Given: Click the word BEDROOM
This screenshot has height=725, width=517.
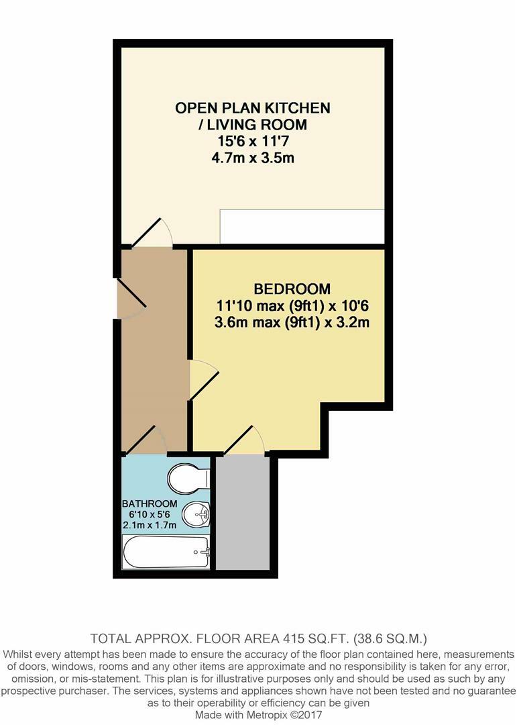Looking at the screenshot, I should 292,289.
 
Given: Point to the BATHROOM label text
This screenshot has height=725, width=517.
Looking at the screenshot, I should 150,503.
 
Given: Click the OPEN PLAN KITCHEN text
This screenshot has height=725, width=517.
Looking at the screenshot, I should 253,107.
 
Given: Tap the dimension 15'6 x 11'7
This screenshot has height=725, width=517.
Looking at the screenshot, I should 253,142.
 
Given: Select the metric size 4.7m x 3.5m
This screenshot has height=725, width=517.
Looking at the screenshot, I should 253,159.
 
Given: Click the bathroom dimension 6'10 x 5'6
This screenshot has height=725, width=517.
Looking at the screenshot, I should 150,514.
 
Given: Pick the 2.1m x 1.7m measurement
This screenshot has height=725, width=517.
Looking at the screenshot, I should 150,525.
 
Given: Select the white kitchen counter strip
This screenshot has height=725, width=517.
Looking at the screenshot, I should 302,227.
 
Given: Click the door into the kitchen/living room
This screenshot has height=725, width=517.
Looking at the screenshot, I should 152,233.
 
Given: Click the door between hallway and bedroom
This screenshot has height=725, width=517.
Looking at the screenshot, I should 204,380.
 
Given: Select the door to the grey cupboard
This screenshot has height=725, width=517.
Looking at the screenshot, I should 244,441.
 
